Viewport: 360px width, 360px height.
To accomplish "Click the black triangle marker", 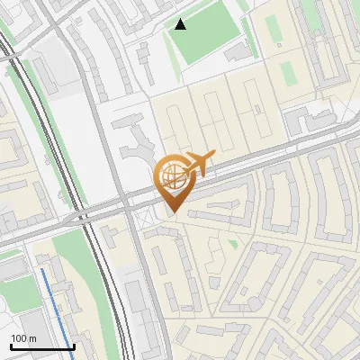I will (181, 24).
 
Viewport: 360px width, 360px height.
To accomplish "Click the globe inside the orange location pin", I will (171, 176).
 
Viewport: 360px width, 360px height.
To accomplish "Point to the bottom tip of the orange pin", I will (172, 213).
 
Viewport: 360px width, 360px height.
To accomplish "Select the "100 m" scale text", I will (23, 338).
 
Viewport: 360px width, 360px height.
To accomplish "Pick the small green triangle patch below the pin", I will (233, 243).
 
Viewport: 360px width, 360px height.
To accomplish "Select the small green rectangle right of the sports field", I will (287, 72).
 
